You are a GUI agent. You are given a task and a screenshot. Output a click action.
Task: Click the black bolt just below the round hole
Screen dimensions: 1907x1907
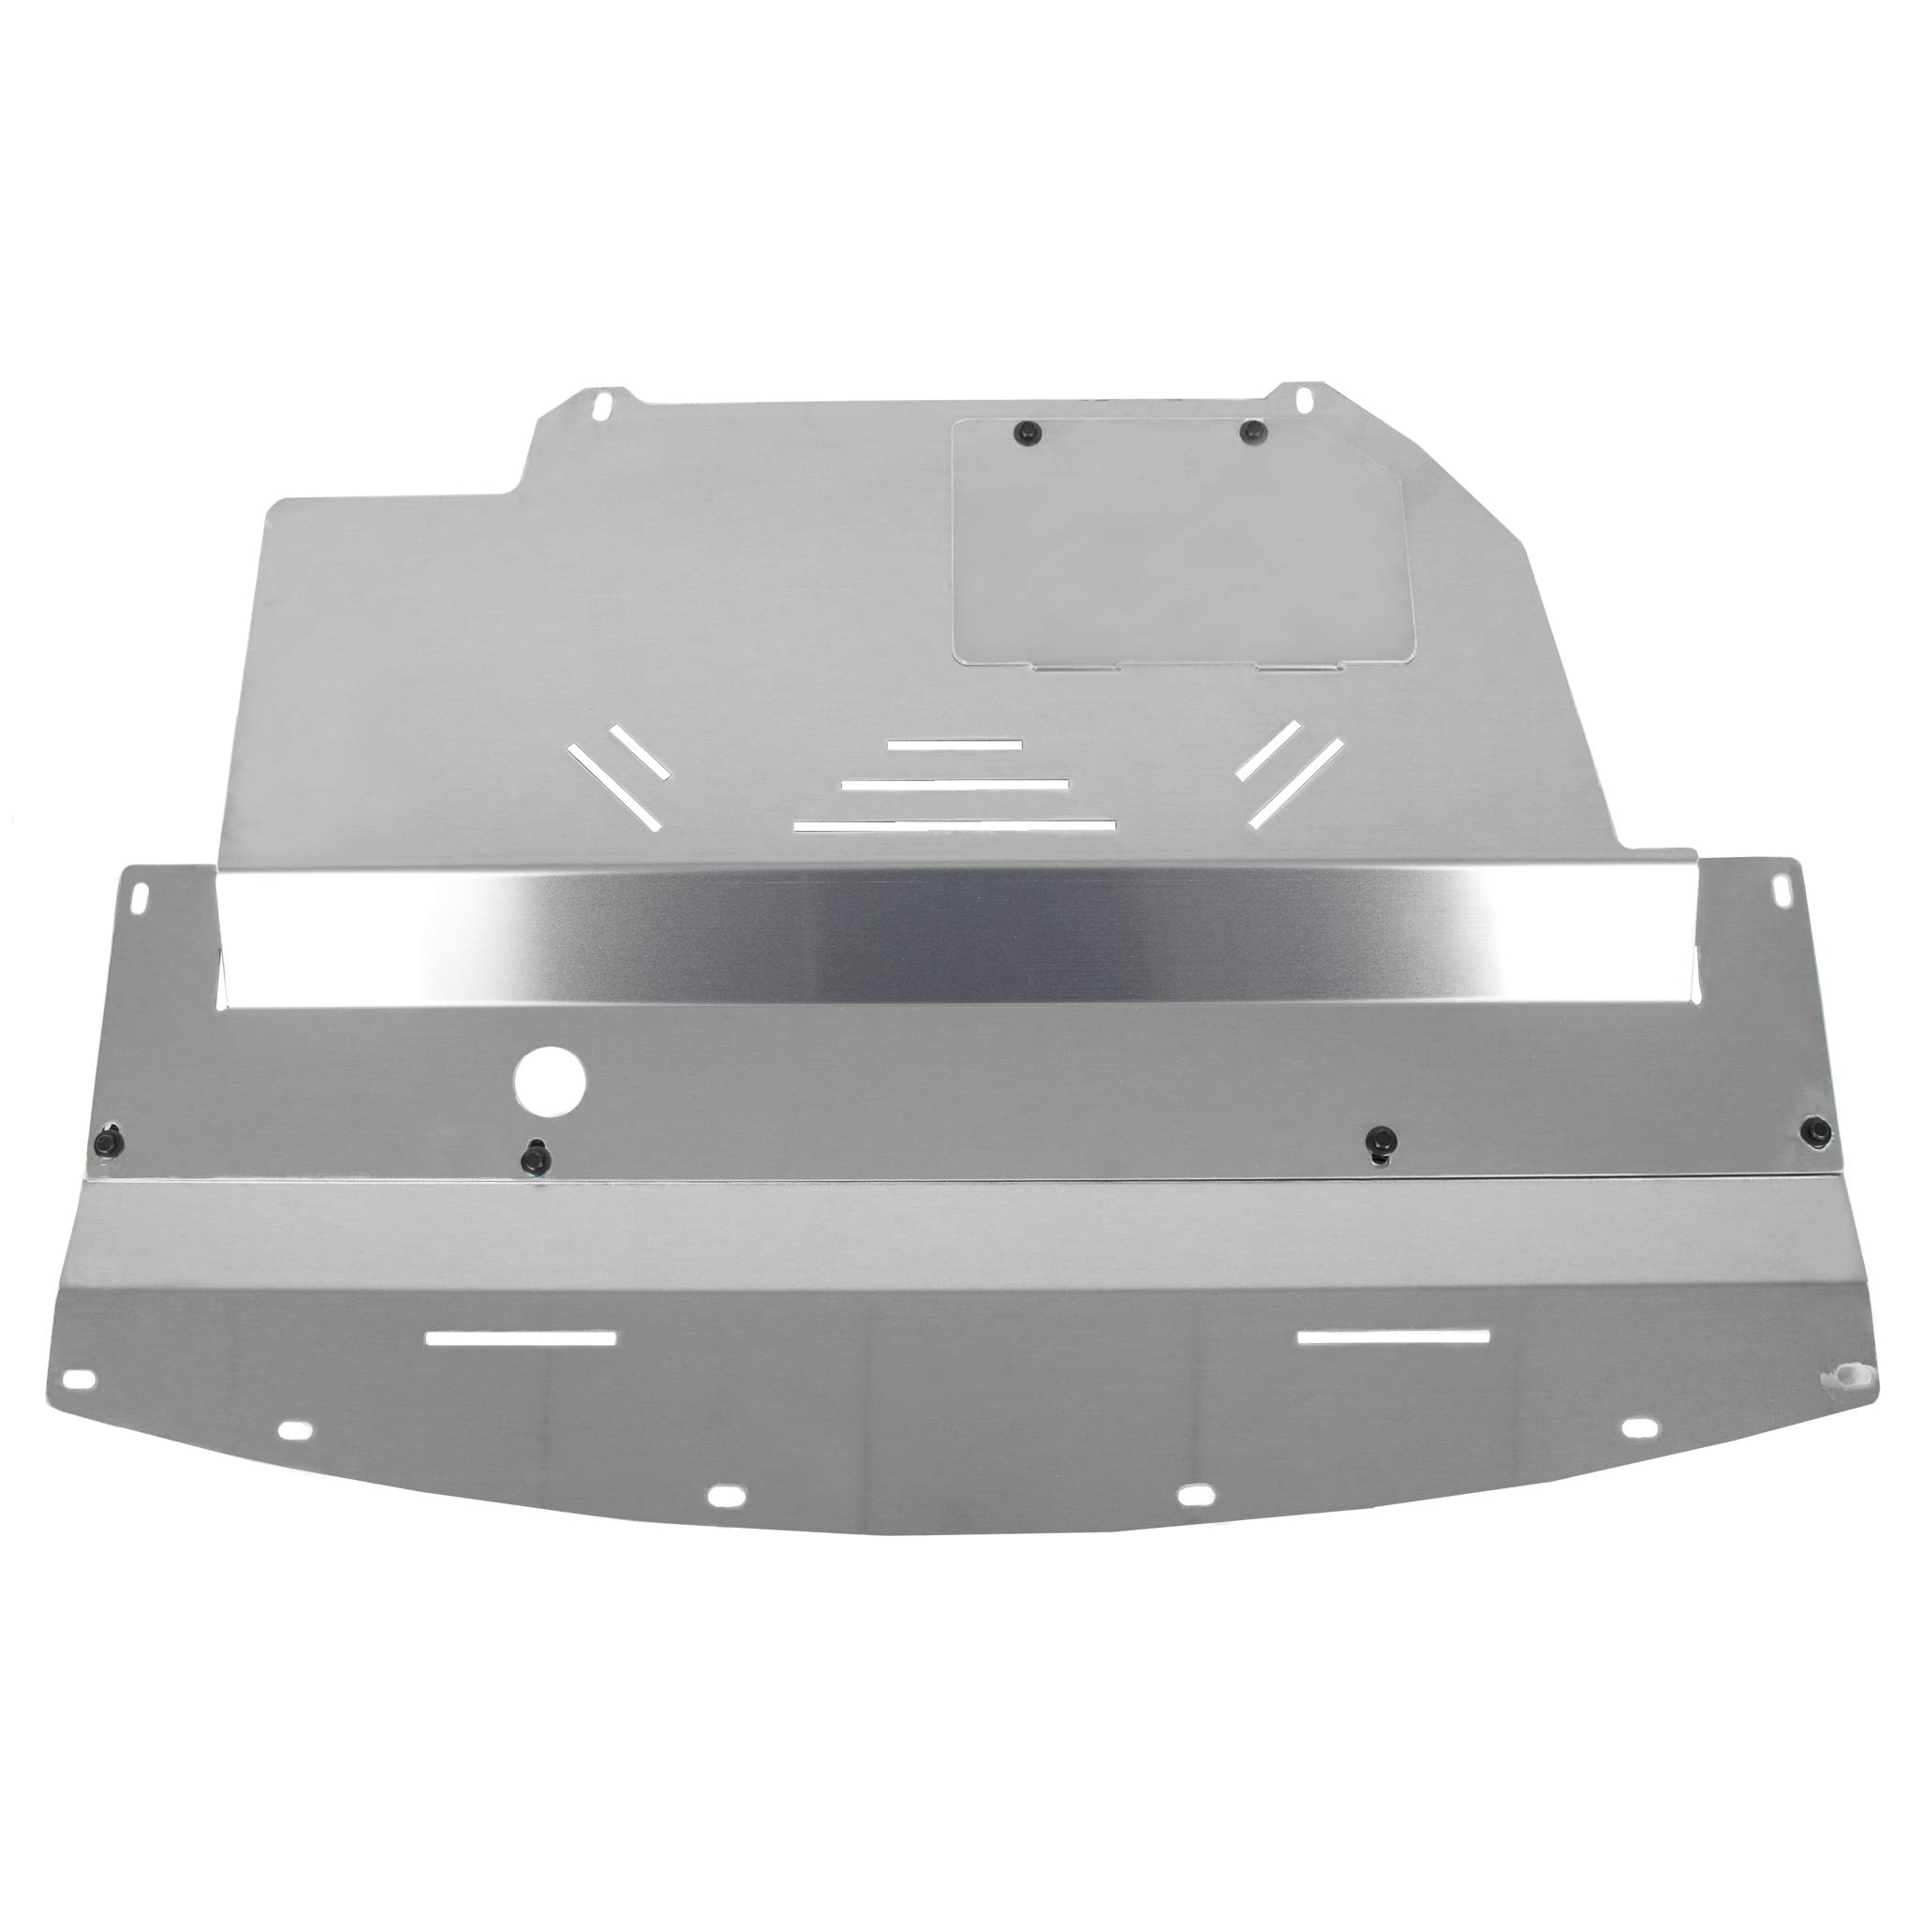pyautogui.click(x=536, y=1155)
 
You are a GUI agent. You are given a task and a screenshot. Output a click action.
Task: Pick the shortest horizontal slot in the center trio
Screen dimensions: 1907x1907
pyautogui.click(x=953, y=745)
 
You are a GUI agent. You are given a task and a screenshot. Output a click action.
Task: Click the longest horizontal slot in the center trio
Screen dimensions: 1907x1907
pyautogui.click(x=953, y=824)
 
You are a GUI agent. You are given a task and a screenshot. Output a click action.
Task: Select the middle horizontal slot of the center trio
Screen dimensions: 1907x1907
pyautogui.click(x=954, y=785)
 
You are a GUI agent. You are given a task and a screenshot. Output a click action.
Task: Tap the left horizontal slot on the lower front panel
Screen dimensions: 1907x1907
pyautogui.click(x=520, y=1338)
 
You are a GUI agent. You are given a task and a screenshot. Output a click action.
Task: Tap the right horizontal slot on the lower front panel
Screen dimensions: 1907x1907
pyautogui.click(x=1393, y=1337)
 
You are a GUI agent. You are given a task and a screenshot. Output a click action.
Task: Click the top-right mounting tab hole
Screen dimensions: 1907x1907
pyautogui.click(x=1304, y=398)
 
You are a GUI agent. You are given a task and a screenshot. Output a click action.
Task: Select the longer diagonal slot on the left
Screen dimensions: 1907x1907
pyautogui.click(x=613, y=785)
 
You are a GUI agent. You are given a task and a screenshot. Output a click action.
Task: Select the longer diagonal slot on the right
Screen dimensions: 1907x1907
pyautogui.click(x=1296, y=783)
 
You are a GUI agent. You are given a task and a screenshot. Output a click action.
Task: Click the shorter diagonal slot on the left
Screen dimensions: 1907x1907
pyautogui.click(x=640, y=752)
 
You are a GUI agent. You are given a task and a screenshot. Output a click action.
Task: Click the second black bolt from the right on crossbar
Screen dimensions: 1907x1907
pyautogui.click(x=1380, y=1139)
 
